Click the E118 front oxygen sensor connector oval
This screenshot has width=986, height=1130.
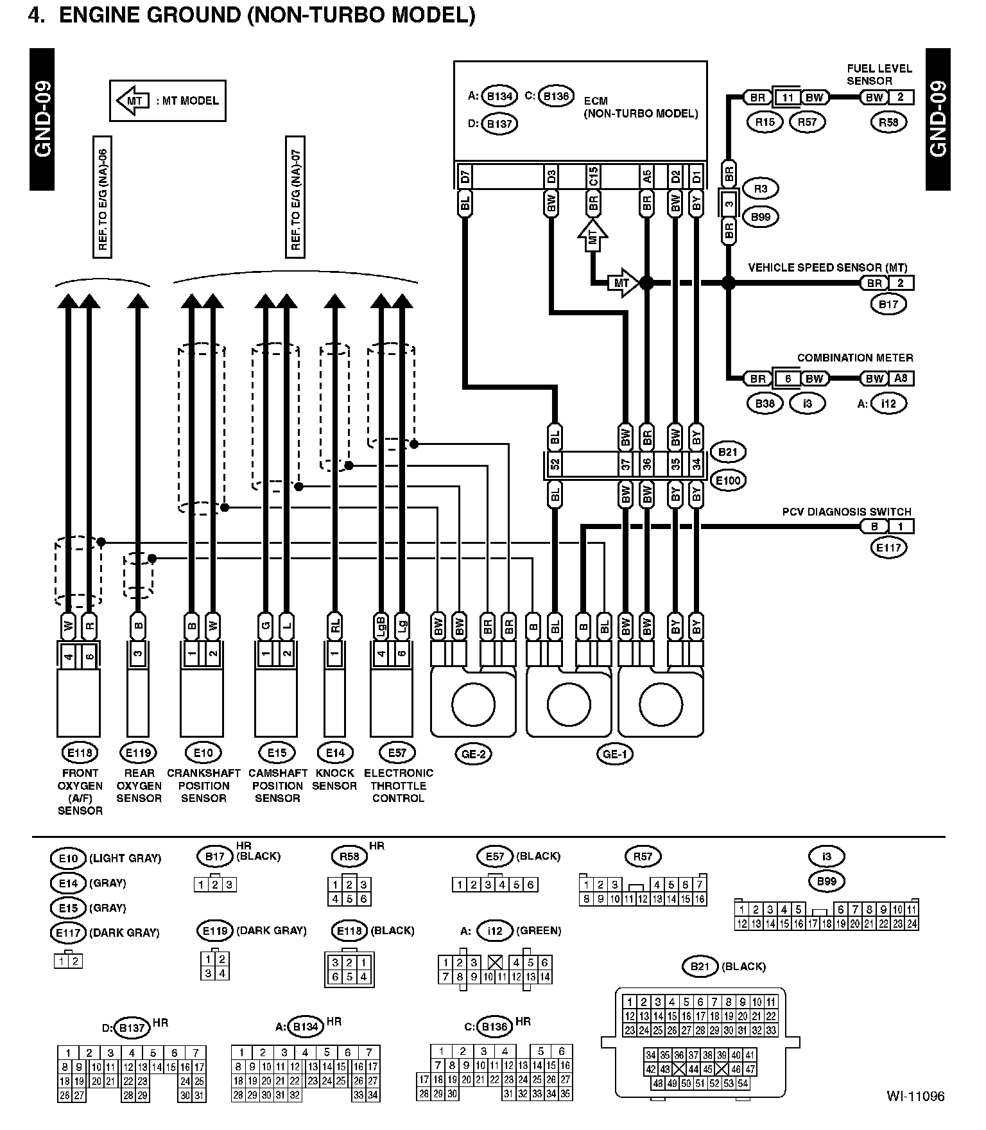(x=80, y=752)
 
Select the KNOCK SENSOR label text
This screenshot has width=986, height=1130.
(x=334, y=779)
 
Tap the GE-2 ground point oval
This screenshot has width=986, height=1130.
(x=473, y=754)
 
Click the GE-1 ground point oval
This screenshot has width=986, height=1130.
(x=614, y=754)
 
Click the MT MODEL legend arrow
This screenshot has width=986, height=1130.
(x=132, y=101)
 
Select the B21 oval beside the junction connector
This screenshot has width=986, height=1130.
(x=727, y=452)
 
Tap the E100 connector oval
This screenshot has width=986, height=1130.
(x=728, y=480)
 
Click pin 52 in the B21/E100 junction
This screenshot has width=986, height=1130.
(x=555, y=464)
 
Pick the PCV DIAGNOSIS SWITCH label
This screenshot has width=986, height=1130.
(x=846, y=512)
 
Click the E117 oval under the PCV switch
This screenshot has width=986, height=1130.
(x=888, y=548)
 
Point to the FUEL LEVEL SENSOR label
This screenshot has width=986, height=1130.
(x=879, y=74)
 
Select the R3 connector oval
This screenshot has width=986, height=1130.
(x=760, y=189)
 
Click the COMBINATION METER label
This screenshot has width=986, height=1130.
(x=854, y=358)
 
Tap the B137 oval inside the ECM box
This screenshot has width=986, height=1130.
(x=499, y=124)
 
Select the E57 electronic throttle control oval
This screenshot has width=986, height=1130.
(x=397, y=752)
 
